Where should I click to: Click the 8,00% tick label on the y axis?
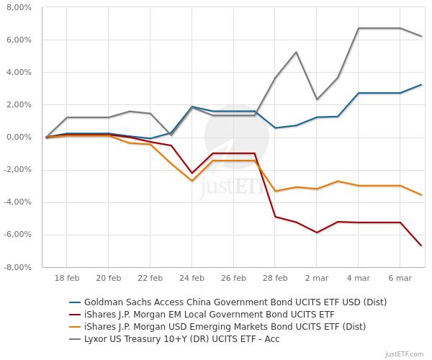coord(19,7)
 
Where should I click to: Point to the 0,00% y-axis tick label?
coord(19,137)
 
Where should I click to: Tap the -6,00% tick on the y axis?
coord(17,235)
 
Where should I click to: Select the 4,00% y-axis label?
coord(19,72)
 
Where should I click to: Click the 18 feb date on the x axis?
coord(67,277)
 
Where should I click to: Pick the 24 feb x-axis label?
coord(192,277)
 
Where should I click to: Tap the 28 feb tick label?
coord(275,277)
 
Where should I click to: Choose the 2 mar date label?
coord(317,277)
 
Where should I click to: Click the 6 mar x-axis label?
coord(400,277)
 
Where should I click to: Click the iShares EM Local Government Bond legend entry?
coord(210,314)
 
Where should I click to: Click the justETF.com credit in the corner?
coord(405,354)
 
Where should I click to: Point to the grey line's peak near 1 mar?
coord(296,52)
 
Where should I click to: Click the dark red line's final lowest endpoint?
coord(421,246)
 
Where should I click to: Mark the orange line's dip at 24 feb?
coord(192,181)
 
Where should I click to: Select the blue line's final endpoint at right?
coord(421,84)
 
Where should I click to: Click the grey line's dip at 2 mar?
coord(317,99)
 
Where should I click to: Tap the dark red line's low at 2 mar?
coord(317,233)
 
